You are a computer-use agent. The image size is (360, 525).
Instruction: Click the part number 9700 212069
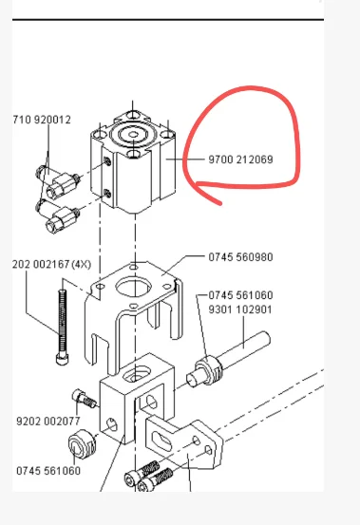tap(240, 159)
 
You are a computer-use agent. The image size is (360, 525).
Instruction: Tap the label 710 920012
tap(42, 120)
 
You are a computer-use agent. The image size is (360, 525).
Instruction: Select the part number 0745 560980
tap(240, 257)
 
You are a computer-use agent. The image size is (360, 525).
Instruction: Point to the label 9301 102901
tap(240, 309)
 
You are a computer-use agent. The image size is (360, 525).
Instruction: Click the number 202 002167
tap(41, 265)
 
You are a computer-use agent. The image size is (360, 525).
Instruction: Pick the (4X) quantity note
tap(82, 265)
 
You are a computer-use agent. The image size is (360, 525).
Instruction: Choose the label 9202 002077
tap(48, 421)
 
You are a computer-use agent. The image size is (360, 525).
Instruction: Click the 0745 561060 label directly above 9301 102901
tap(240, 295)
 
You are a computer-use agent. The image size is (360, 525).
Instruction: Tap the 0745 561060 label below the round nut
tap(48, 471)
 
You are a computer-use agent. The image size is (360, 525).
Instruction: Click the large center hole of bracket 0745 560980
tap(133, 288)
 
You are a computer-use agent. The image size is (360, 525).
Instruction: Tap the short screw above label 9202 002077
tap(84, 398)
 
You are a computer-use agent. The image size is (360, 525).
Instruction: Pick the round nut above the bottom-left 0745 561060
tap(82, 444)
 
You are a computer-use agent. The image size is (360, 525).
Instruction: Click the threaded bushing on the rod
tap(208, 370)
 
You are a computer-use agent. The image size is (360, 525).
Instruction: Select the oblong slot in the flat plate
tap(161, 441)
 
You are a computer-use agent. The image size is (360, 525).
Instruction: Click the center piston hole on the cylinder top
tap(133, 134)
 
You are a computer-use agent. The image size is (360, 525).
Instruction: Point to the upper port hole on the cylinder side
tap(107, 161)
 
